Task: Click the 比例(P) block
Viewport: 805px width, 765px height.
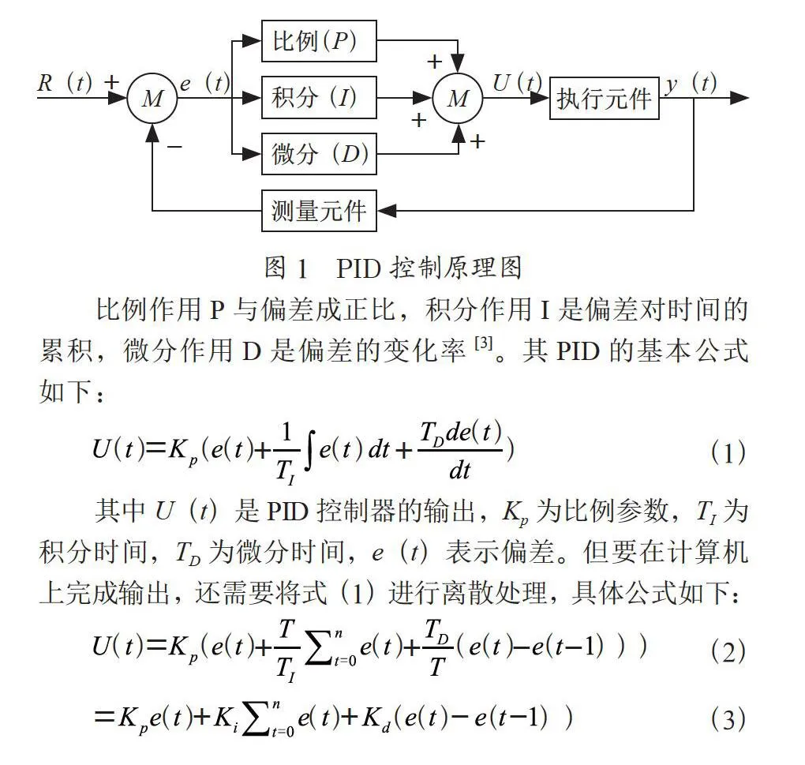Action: click(319, 41)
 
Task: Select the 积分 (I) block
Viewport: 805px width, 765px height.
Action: click(319, 98)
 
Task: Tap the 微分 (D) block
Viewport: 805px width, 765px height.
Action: click(319, 153)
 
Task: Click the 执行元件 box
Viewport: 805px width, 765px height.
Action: click(605, 98)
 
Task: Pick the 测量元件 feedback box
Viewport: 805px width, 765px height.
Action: click(319, 211)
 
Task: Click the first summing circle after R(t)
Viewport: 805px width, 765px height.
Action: click(152, 98)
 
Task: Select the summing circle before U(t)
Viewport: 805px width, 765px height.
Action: click(458, 98)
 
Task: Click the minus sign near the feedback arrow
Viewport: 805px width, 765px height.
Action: click(174, 147)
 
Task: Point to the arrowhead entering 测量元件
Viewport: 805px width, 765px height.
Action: click(387, 211)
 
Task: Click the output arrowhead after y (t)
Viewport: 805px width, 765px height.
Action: click(739, 98)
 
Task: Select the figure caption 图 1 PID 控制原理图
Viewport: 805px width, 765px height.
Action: click(393, 268)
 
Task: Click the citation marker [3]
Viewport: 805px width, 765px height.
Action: click(483, 343)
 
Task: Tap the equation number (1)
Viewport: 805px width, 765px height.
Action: click(728, 453)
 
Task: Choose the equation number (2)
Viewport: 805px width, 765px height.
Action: click(728, 651)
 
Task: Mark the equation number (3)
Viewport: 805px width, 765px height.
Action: click(728, 718)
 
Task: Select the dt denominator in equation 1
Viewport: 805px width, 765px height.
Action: click(459, 469)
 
